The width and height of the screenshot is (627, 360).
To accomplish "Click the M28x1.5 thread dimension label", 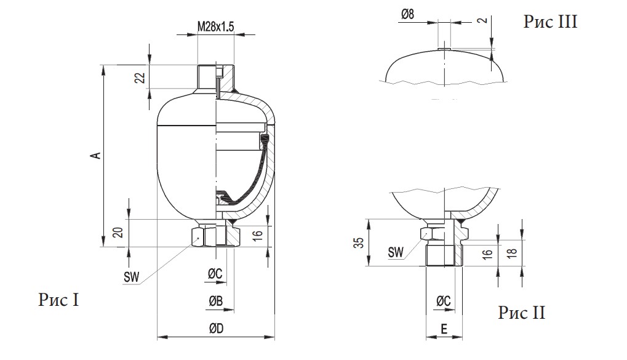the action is [x=215, y=26].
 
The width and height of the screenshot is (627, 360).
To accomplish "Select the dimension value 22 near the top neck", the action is [x=140, y=78].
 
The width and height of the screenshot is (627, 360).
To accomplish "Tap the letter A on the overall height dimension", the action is [x=96, y=155].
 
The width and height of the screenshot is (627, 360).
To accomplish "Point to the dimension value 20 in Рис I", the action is [x=118, y=233].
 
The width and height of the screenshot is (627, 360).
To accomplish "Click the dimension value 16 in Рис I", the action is [x=258, y=235].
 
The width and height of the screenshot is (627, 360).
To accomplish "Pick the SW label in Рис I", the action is [x=131, y=277].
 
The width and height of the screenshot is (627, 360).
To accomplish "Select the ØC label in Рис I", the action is [x=215, y=274].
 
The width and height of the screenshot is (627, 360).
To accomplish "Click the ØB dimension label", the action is [x=215, y=301].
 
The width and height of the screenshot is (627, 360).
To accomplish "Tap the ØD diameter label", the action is [x=216, y=329].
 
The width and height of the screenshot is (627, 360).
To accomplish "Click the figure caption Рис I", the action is [x=59, y=300].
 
